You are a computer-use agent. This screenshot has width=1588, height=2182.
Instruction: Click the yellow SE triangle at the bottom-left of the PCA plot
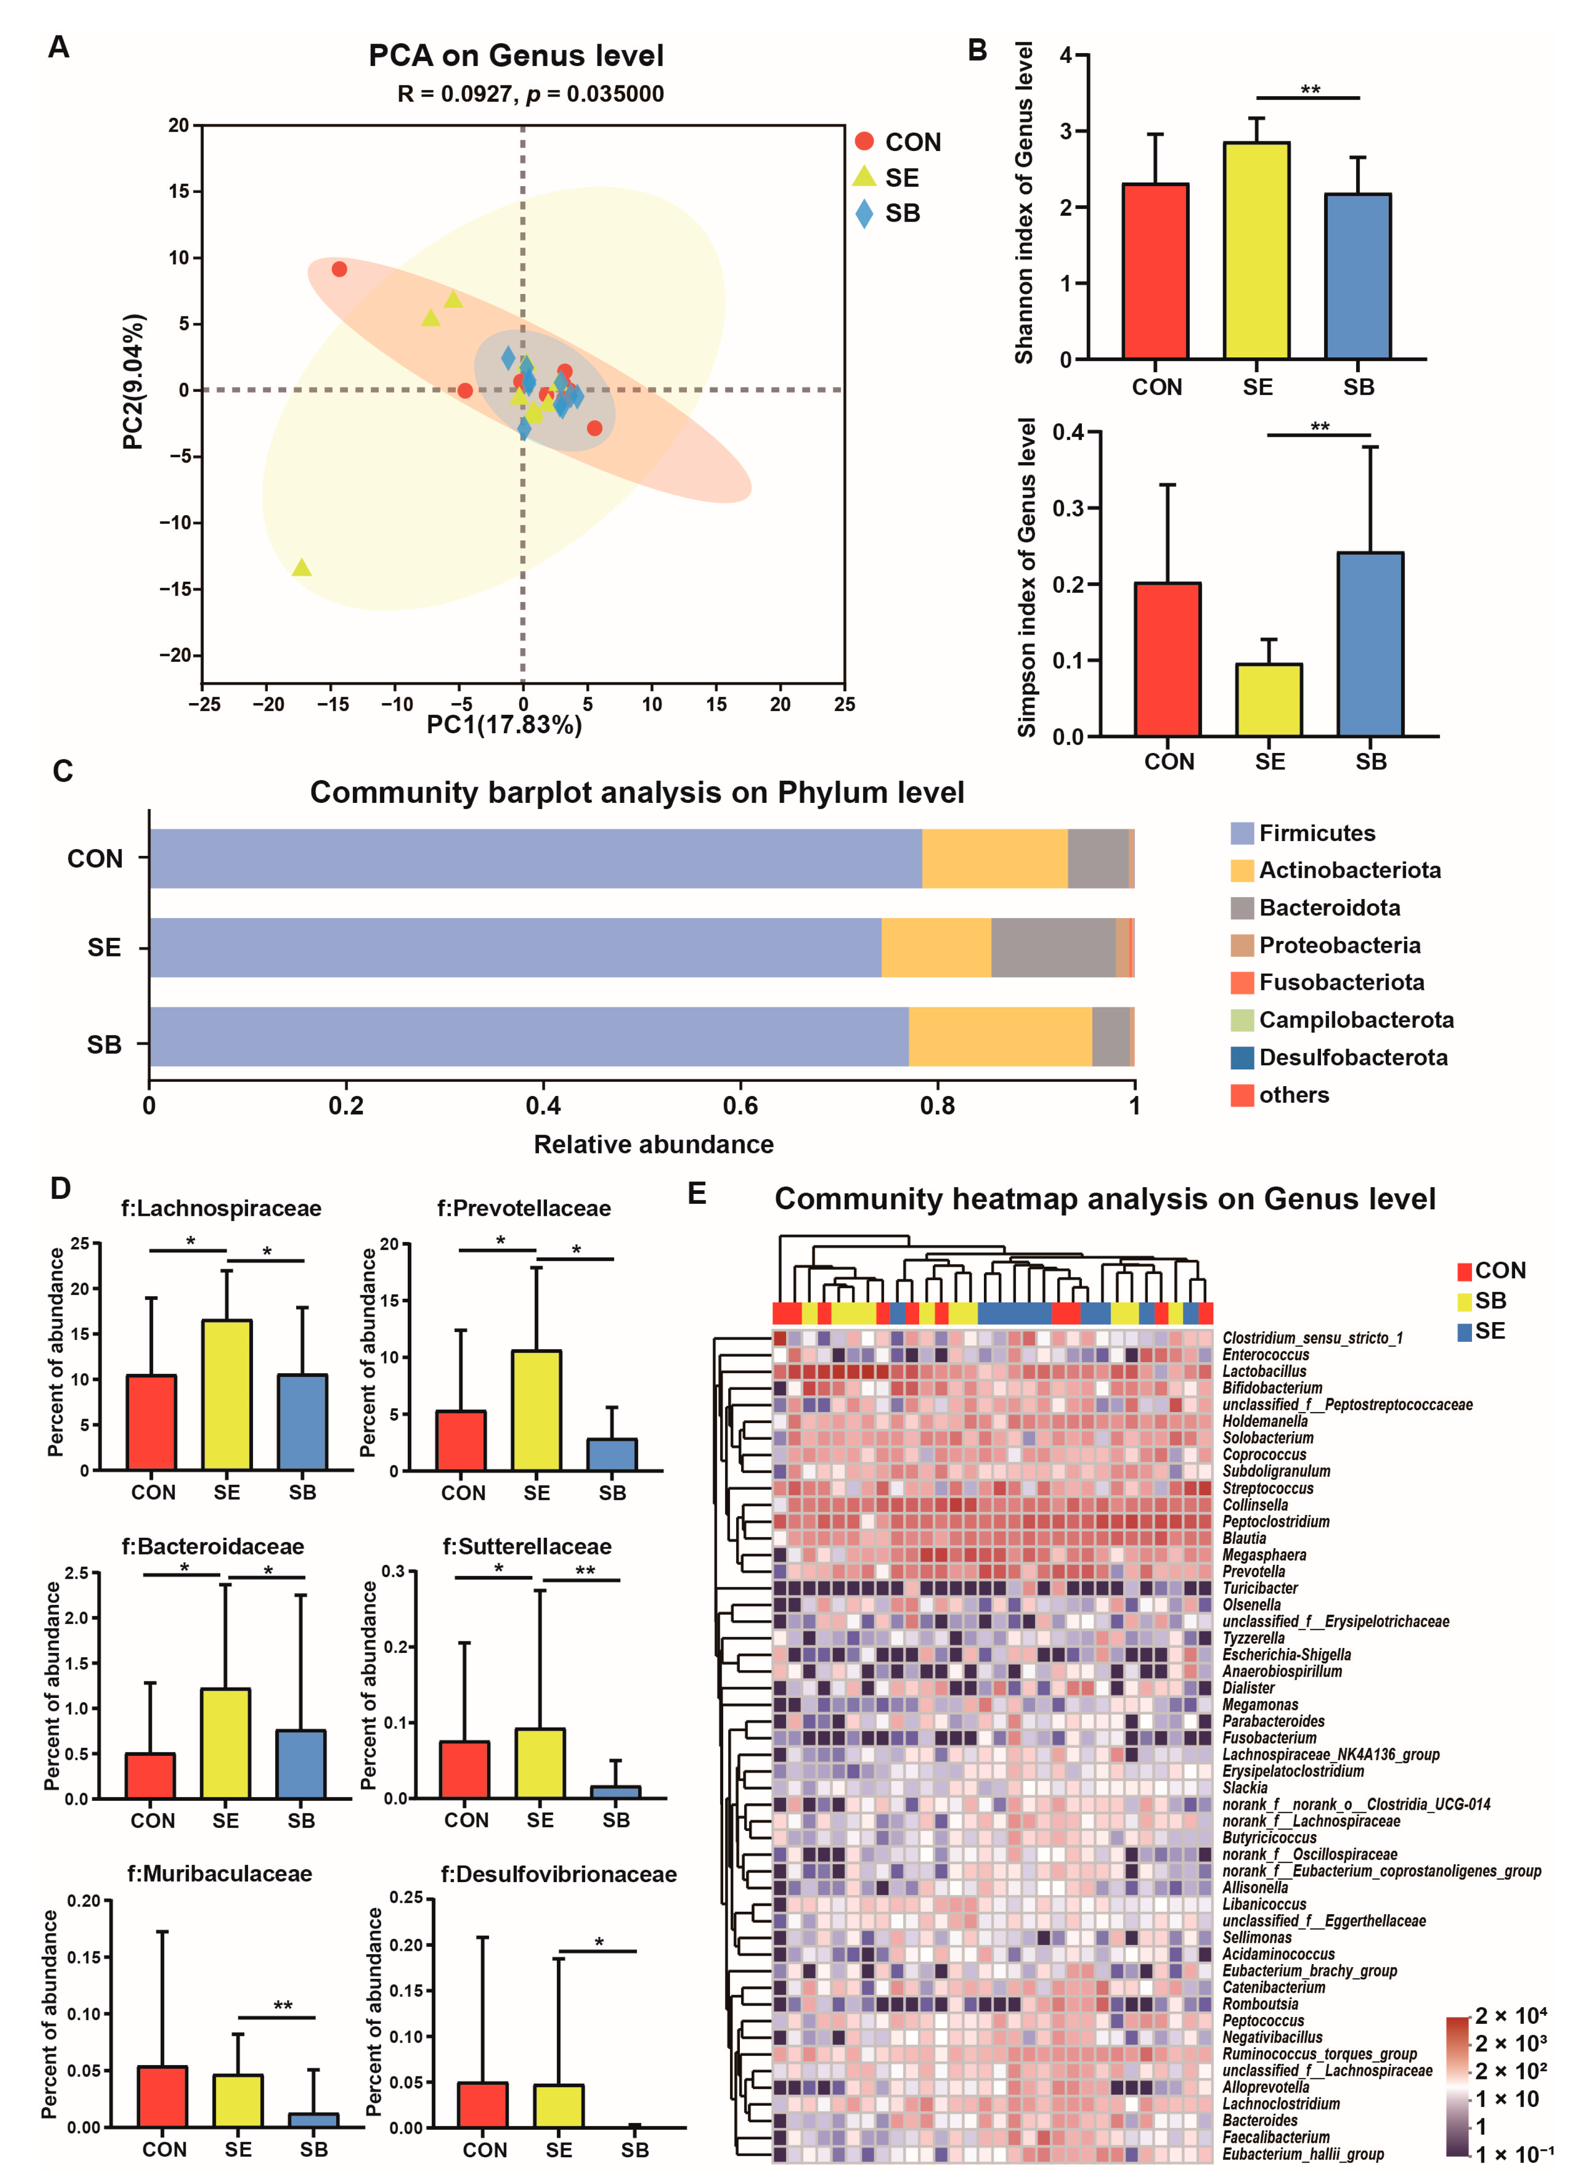pyautogui.click(x=302, y=568)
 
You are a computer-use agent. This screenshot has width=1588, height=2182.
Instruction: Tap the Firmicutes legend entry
pyautogui.click(x=1316, y=833)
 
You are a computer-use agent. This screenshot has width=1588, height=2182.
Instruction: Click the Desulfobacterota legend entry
pyautogui.click(x=1352, y=1057)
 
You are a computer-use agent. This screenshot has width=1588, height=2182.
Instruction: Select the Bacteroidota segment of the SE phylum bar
pyautogui.click(x=1053, y=948)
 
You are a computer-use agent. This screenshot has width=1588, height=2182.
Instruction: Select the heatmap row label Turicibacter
pyautogui.click(x=1260, y=1588)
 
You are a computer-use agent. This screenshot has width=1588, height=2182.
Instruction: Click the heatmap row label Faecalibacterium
pyautogui.click(x=1276, y=2137)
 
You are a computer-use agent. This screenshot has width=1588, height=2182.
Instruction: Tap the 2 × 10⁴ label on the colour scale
pyautogui.click(x=1511, y=2016)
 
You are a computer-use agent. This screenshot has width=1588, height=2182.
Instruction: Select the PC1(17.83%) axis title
pyautogui.click(x=504, y=725)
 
